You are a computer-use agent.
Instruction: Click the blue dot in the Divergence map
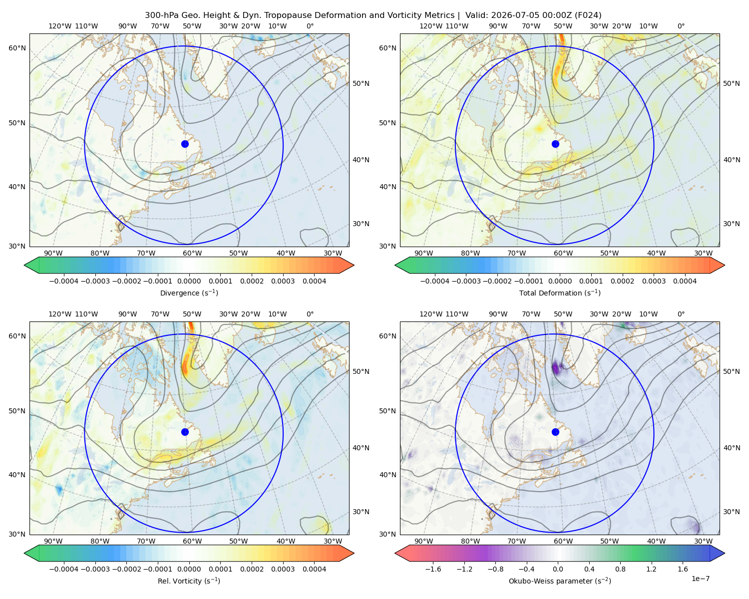(185, 144)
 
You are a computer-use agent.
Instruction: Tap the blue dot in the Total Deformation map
(555, 144)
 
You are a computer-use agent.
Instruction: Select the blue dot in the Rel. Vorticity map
(185, 432)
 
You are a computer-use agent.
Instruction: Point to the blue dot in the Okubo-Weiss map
(555, 432)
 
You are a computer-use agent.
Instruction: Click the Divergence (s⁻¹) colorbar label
(189, 293)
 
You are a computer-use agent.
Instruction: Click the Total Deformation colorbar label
(560, 293)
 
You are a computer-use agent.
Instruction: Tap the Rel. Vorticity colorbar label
(189, 581)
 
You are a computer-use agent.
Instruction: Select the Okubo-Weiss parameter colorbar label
(560, 581)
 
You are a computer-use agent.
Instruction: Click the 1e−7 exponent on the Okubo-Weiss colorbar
(700, 579)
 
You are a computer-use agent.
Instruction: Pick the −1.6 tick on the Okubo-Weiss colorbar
(433, 569)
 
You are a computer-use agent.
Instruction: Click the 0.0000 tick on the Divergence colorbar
(189, 281)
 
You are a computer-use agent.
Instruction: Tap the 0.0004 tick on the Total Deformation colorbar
(685, 281)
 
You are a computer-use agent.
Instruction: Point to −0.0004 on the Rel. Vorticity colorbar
(64, 569)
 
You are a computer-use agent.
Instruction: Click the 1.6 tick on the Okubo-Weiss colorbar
(683, 569)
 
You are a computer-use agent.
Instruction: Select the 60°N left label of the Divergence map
(17, 48)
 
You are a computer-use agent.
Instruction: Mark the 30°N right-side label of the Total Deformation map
(731, 224)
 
